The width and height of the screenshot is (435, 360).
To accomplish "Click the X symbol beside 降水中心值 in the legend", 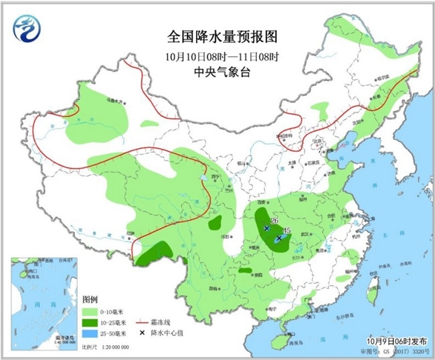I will tap(143, 333).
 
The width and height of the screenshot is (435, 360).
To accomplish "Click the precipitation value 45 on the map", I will tap(287, 230).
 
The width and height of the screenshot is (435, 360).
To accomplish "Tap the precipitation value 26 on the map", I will tap(274, 220).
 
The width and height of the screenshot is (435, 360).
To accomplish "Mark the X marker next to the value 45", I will tap(278, 238).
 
